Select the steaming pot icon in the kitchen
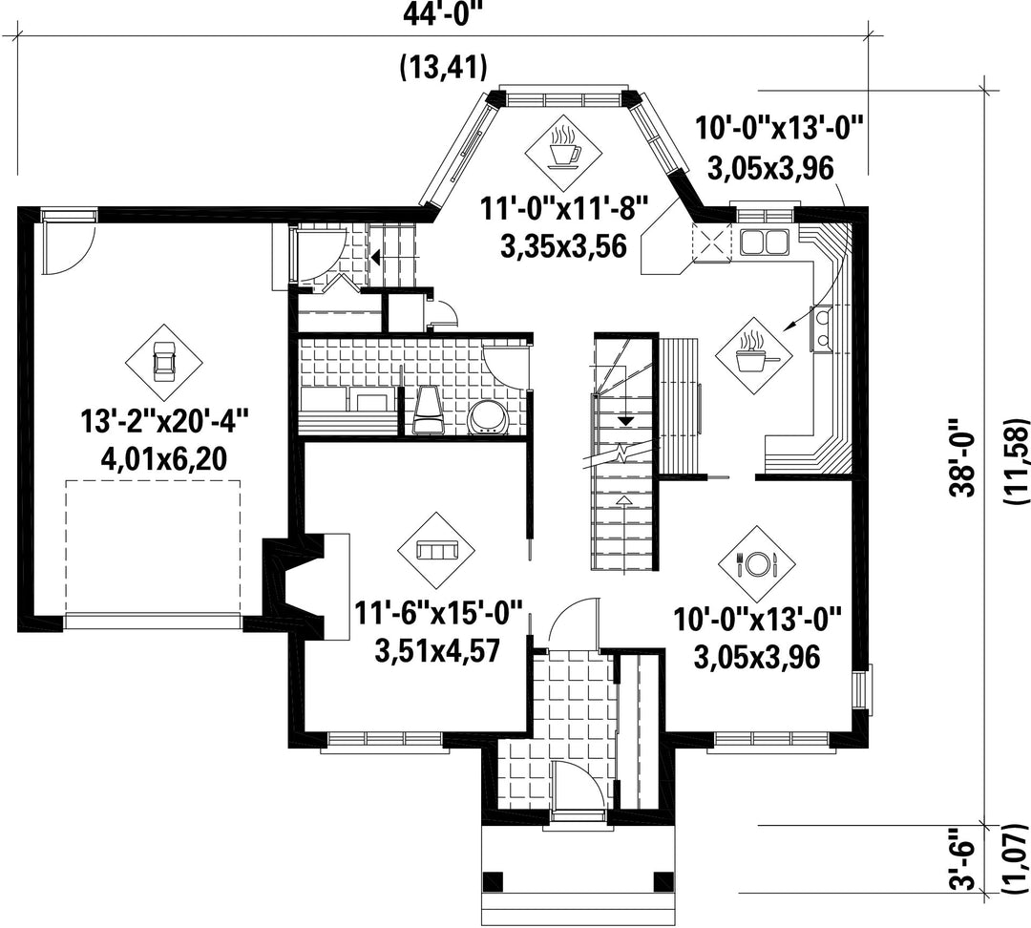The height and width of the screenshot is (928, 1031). [x=754, y=356]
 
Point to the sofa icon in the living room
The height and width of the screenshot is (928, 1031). [x=437, y=551]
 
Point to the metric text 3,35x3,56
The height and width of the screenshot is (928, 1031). [x=563, y=247]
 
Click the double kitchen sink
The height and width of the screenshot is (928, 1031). [x=764, y=242]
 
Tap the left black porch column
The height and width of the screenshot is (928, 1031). [x=493, y=880]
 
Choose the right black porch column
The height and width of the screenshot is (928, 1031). [x=663, y=880]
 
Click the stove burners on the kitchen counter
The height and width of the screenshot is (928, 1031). [x=822, y=329]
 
